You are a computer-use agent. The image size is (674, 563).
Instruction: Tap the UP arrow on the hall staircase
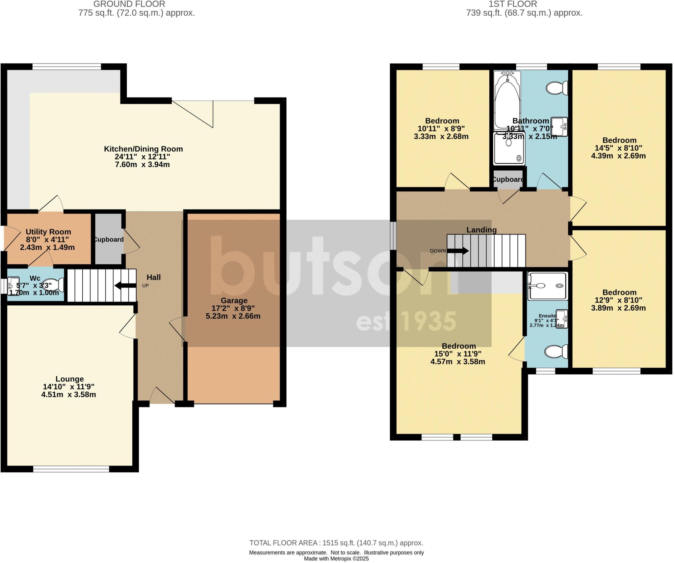click(x=125, y=286)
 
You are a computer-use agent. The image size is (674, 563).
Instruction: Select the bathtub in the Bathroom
click(x=507, y=101)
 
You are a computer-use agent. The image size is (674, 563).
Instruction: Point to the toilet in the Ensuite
click(x=557, y=352)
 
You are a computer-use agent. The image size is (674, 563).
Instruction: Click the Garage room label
click(x=234, y=300)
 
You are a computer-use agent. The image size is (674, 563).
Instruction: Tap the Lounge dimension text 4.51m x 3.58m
click(x=68, y=395)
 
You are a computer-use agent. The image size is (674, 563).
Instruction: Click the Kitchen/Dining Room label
click(x=143, y=149)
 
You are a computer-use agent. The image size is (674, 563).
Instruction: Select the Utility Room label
click(x=48, y=232)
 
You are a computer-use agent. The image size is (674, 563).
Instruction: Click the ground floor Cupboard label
click(x=109, y=239)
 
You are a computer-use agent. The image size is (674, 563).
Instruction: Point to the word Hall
click(x=154, y=277)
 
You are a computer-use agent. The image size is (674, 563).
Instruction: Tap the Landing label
click(x=481, y=230)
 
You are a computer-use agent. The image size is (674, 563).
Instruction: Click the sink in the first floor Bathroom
click(x=559, y=127)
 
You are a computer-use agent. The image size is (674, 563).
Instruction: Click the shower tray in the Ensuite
click(x=548, y=286)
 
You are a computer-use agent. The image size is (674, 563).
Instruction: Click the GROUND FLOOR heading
click(x=129, y=4)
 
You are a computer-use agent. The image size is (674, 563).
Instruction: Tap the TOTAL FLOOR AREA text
click(x=336, y=543)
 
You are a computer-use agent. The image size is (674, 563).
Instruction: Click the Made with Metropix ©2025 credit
click(x=336, y=559)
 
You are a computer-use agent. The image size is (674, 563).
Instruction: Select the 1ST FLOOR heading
click(x=513, y=4)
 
